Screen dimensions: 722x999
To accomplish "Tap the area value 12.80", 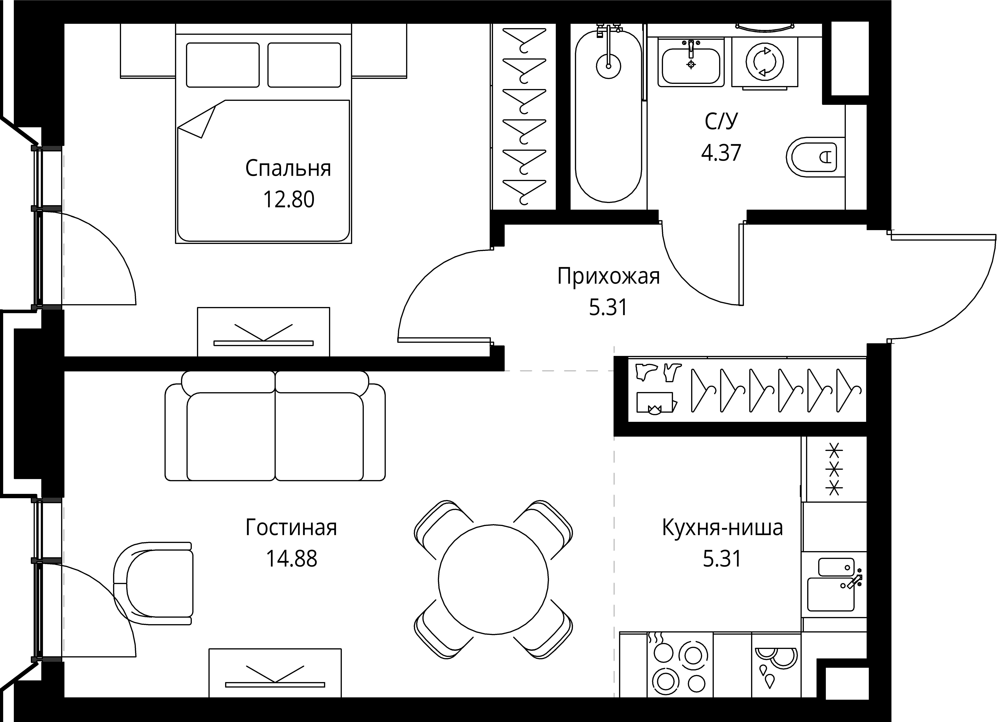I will click(x=289, y=200).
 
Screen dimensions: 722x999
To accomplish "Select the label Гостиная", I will click(x=291, y=527).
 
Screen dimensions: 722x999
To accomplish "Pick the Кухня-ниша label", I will click(x=722, y=527).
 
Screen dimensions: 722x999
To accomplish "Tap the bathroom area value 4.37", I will click(x=721, y=153).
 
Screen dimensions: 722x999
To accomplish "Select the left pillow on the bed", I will click(x=222, y=65).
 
